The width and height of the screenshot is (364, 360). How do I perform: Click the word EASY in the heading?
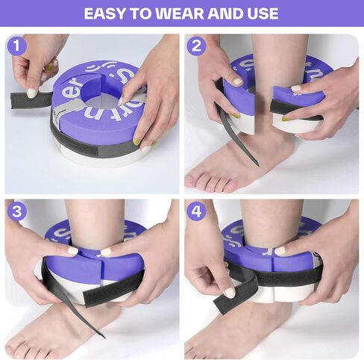(104, 13)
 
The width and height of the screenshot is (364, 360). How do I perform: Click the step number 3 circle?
(16, 211)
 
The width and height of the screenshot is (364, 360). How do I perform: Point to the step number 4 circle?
(196, 211)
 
